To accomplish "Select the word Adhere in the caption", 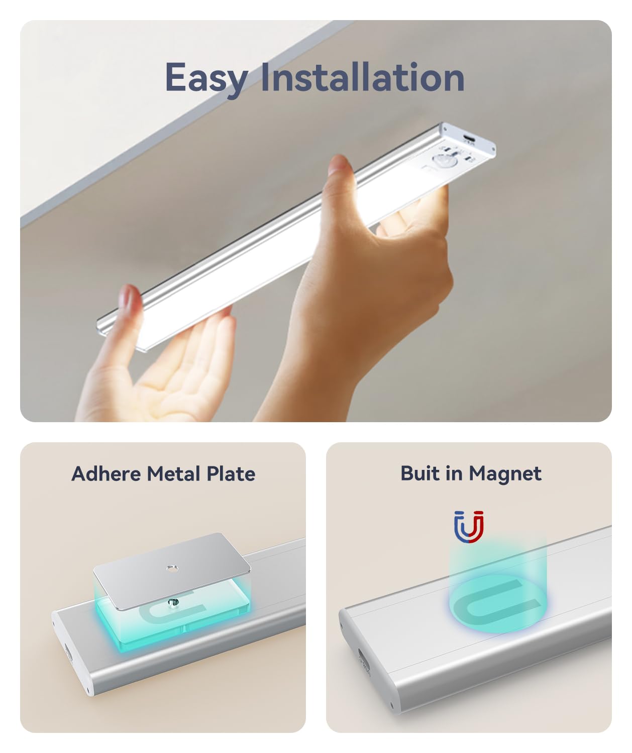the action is (x=106, y=473).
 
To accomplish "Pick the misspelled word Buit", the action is (x=421, y=473).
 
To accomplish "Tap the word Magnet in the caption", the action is (x=505, y=474).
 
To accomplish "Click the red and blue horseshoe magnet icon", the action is (x=469, y=527).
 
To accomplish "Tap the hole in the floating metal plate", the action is (x=172, y=569).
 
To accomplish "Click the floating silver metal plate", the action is (x=172, y=570).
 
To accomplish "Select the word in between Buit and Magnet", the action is (x=455, y=473).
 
